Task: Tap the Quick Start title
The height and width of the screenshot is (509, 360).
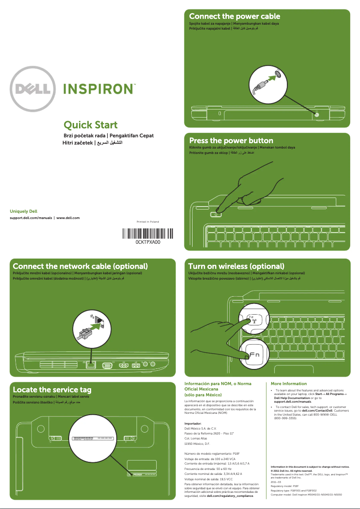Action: click(91, 125)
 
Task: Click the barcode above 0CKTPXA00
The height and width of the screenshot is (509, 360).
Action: click(148, 234)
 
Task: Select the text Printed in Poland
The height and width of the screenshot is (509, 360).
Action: click(148, 222)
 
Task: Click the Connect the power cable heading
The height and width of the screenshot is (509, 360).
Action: click(234, 17)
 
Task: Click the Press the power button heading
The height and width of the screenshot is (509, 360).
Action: click(231, 140)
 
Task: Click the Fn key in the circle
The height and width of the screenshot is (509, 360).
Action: click(254, 355)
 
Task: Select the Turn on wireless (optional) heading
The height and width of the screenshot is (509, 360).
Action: click(236, 266)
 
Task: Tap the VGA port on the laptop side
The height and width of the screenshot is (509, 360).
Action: click(107, 365)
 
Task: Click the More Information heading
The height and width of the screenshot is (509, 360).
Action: click(289, 384)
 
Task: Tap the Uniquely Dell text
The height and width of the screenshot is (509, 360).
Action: click(23, 211)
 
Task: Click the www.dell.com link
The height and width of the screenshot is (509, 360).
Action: click(68, 218)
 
